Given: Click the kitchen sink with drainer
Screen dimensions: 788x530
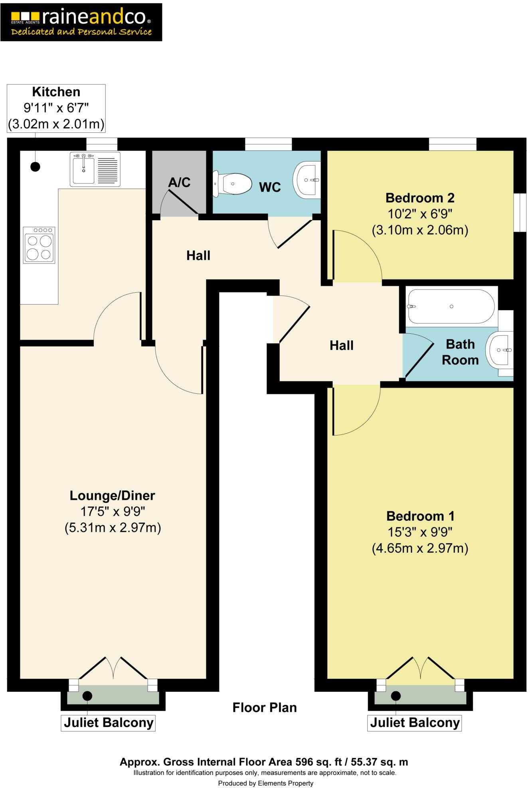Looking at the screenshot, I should (95, 169).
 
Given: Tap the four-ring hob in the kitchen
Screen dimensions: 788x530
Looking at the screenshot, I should (39, 245).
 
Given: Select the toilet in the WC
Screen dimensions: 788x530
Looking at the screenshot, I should (233, 184).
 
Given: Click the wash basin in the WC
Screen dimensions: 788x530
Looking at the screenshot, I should (308, 179).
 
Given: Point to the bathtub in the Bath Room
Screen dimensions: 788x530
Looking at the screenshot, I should (451, 306).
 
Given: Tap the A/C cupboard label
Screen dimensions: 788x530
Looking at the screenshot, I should (179, 182).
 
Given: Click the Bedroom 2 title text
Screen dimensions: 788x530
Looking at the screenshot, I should (419, 198).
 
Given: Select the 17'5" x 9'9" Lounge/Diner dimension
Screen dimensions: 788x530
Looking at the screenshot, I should (113, 511).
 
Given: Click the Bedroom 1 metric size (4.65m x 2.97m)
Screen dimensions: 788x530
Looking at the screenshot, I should (420, 548).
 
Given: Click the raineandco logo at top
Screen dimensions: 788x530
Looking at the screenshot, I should (81, 22).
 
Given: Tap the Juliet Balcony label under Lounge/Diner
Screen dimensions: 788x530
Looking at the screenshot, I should (108, 723).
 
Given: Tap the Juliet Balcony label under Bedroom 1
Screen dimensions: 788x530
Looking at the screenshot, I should (414, 723).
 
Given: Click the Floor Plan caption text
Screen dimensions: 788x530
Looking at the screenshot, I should (265, 707).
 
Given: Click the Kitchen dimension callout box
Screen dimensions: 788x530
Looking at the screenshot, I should (56, 108).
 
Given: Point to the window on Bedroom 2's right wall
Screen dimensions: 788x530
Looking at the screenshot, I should (519, 212).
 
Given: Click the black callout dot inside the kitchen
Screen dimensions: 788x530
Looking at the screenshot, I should (35, 167).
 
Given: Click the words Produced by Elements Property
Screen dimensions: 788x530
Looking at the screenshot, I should (265, 783).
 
